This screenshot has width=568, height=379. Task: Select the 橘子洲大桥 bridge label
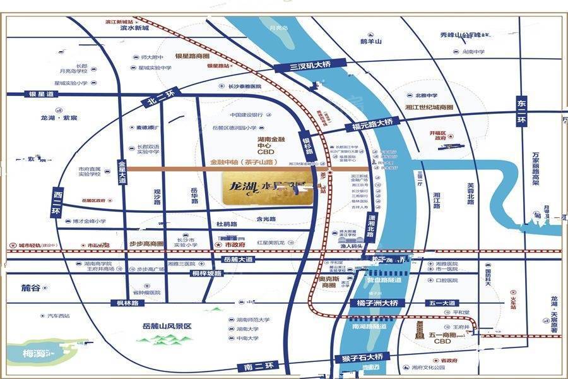click(x=377, y=303)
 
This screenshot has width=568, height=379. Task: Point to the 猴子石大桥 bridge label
click(x=363, y=358)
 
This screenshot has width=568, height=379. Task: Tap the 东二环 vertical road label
click(x=522, y=112)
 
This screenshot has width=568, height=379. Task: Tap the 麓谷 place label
click(x=30, y=287)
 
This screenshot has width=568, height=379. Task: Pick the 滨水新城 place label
click(x=133, y=28)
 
